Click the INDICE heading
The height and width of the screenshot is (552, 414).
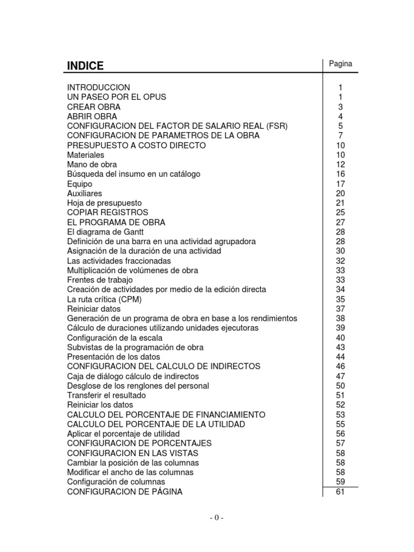pyautogui.click(x=85, y=66)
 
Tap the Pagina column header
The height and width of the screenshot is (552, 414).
pyautogui.click(x=340, y=64)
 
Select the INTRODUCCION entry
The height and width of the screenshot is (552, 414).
pyautogui.click(x=99, y=87)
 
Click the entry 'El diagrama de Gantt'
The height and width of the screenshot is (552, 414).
pyautogui.click(x=102, y=232)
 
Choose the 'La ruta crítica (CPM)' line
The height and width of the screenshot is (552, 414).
pyautogui.click(x=105, y=299)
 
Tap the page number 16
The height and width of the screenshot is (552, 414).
pyautogui.click(x=340, y=174)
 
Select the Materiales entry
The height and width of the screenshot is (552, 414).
pyautogui.click(x=86, y=155)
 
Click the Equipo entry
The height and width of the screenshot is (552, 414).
pyautogui.click(x=80, y=184)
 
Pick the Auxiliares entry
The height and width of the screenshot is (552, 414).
pyautogui.click(x=85, y=194)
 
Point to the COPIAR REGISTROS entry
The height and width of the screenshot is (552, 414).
pyautogui.click(x=108, y=212)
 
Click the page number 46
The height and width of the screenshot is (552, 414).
pyautogui.click(x=340, y=367)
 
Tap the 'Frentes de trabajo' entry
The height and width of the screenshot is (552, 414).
pyautogui.click(x=100, y=280)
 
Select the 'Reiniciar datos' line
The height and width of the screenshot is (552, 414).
pyautogui.click(x=94, y=309)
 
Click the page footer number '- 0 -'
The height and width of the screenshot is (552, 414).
pyautogui.click(x=216, y=518)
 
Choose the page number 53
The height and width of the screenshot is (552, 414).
pyautogui.click(x=340, y=415)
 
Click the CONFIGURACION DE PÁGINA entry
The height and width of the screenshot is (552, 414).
pyautogui.click(x=125, y=492)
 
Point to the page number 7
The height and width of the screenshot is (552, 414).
pyautogui.click(x=340, y=136)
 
